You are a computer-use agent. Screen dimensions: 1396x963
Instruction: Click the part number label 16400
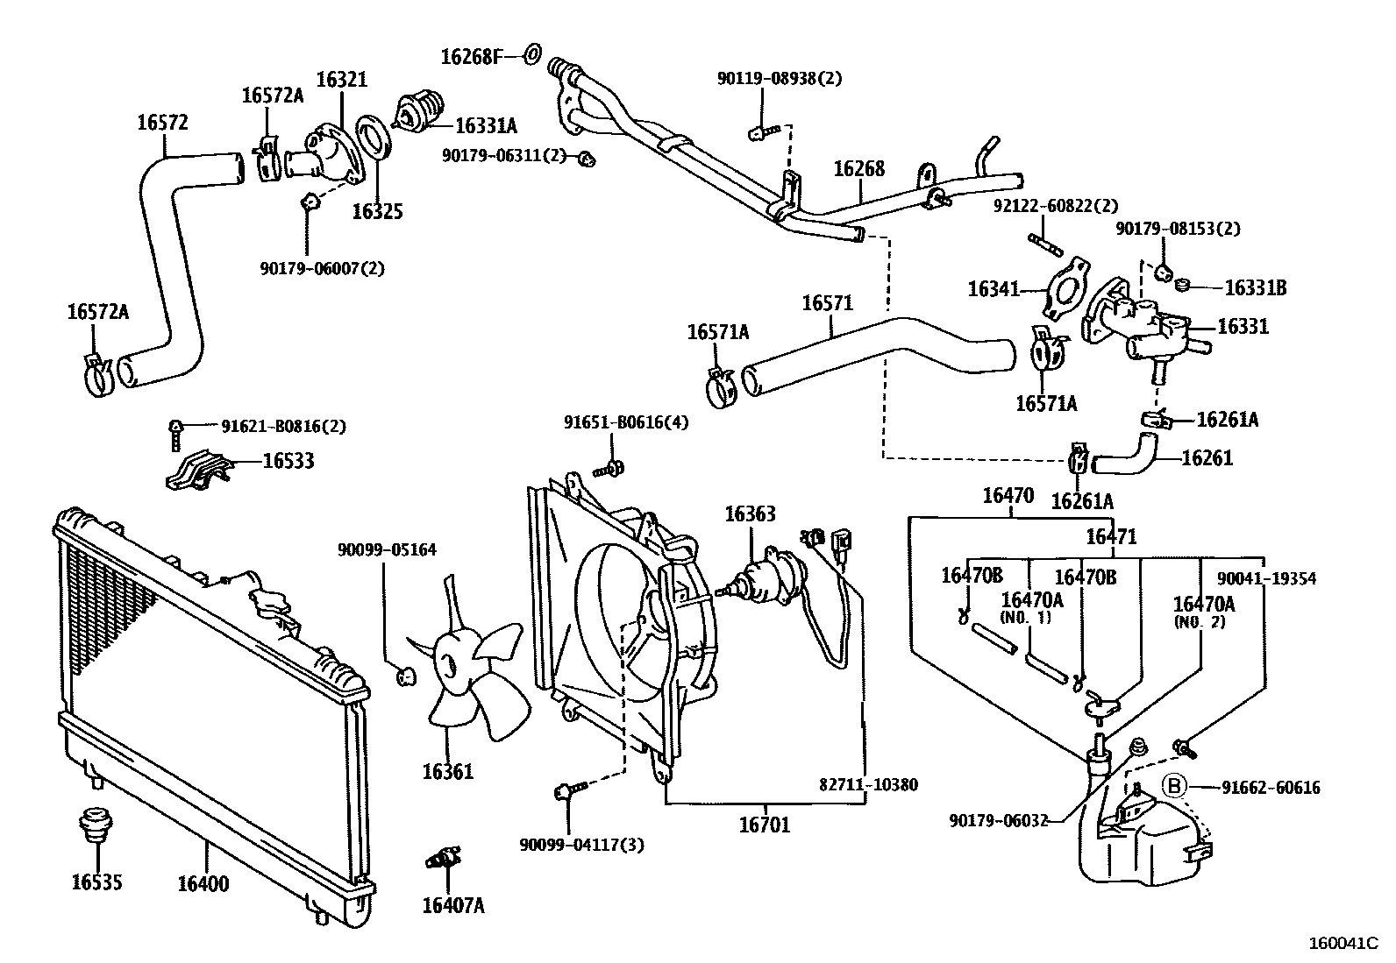[203, 883]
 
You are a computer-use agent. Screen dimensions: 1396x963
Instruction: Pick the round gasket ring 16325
[374, 145]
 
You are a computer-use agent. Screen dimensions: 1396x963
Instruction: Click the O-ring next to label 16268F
[533, 54]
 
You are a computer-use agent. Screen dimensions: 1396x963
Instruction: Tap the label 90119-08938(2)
[779, 79]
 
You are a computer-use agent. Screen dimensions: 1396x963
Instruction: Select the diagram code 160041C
[1343, 943]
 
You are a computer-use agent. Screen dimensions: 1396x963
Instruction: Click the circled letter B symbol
[1174, 786]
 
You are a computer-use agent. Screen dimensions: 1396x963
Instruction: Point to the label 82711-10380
[868, 784]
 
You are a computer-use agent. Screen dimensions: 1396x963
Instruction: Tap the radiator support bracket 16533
[199, 470]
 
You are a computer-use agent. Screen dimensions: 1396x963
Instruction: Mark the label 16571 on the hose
[827, 302]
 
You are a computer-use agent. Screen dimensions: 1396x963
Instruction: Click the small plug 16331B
[1182, 286]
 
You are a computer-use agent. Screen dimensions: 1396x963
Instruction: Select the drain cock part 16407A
[443, 859]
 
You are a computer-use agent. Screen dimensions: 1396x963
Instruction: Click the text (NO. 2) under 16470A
[1200, 621]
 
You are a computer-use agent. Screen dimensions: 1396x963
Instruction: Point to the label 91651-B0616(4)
[626, 422]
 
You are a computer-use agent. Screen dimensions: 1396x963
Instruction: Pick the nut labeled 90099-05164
[406, 676]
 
